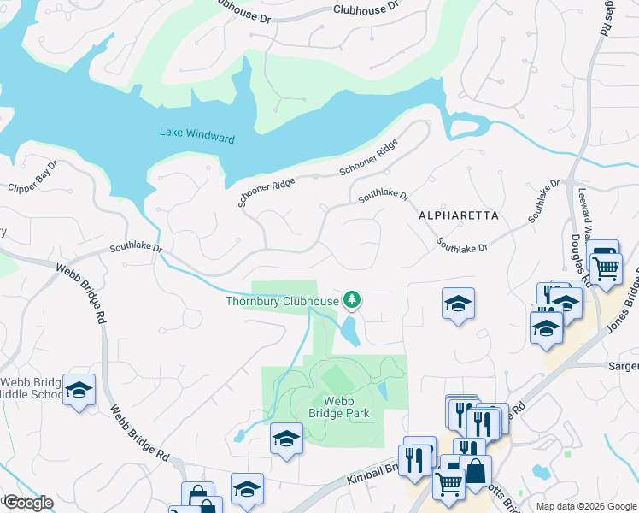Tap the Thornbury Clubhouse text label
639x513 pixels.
coord(282,301)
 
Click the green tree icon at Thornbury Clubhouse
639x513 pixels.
coord(350,299)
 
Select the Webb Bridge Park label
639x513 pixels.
coord(339,407)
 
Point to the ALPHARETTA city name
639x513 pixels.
coord(459,216)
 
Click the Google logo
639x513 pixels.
coord(27,503)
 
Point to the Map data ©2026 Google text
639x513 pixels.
coord(585,506)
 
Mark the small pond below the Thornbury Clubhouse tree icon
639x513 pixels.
coord(349,332)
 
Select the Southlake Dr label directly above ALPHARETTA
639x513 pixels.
coord(384,195)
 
